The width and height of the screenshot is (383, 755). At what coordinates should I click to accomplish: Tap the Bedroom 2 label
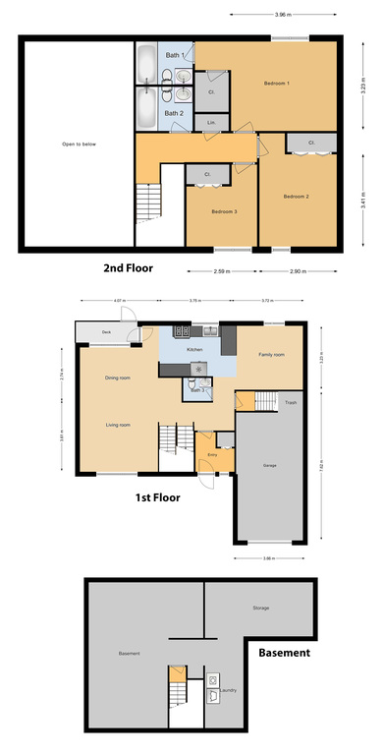pos(296,197)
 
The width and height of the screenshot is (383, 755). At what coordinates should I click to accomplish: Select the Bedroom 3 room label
pos(224,211)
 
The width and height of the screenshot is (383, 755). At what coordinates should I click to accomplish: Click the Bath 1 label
pos(175,55)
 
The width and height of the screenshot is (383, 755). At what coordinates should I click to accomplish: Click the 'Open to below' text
pos(76,145)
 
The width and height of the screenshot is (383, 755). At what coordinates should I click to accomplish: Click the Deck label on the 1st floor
pos(106,333)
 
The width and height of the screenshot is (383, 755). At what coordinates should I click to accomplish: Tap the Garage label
pos(269,465)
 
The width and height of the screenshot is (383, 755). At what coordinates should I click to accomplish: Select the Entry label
pos(212,455)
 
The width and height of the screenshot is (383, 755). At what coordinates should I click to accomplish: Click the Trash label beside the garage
pos(290,403)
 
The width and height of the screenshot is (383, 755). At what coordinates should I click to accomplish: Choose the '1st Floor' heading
pos(162,497)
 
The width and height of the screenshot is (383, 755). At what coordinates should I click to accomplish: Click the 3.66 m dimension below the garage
pos(268,559)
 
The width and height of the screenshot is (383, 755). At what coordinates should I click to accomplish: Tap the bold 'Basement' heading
pos(284,652)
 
